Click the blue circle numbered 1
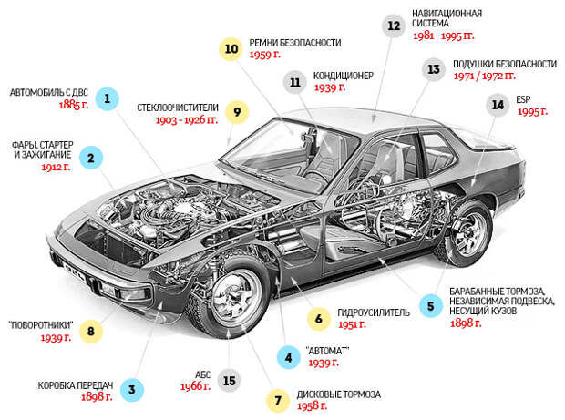108,98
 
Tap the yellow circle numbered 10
231,47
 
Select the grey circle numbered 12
395,26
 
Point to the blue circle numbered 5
430,306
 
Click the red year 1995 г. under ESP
531,111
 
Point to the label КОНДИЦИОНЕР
343,76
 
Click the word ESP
522,98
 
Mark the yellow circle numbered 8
90,331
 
